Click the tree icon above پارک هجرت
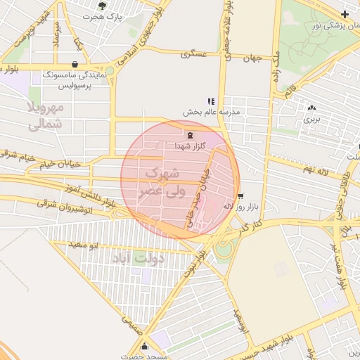[x=103, y=6]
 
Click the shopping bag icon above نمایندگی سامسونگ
[x=75, y=65]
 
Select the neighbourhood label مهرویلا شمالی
[x=48, y=117]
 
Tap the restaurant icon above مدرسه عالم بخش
[x=210, y=102]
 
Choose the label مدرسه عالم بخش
[x=212, y=112]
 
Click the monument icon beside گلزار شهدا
[x=188, y=134]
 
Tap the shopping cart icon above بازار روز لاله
[x=241, y=196]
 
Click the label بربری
[x=311, y=120]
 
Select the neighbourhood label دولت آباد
[x=139, y=258]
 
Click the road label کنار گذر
[x=249, y=226]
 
